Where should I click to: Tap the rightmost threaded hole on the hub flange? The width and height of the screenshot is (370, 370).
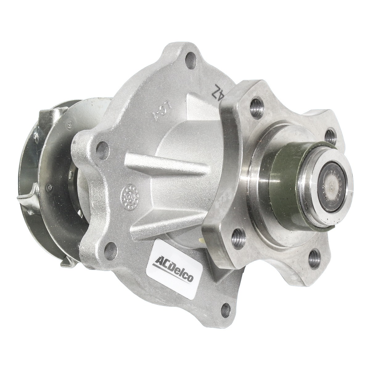[x=331, y=135]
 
